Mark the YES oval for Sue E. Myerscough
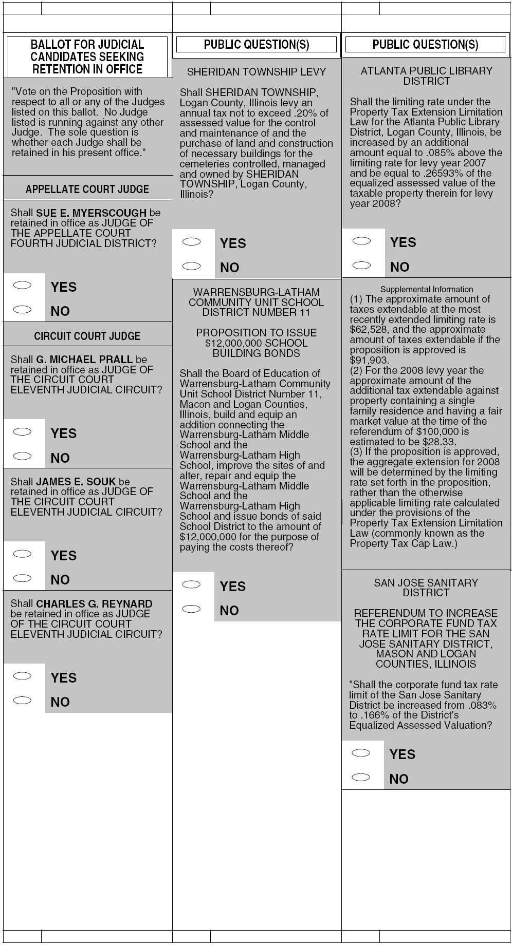click(x=22, y=286)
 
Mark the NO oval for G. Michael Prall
click(x=22, y=456)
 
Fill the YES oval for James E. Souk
click(x=22, y=554)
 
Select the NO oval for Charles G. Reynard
click(x=22, y=700)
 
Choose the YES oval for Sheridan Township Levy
click(x=191, y=242)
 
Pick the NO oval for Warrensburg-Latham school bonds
click(x=191, y=609)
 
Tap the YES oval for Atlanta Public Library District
click(x=361, y=241)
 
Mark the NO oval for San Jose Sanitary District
click(x=361, y=777)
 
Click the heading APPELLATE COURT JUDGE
click(x=87, y=189)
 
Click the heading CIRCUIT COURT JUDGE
click(x=87, y=336)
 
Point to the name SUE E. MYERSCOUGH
click(x=91, y=213)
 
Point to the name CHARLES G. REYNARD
click(x=94, y=604)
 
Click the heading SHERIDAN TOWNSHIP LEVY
click(x=257, y=72)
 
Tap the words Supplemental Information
click(x=427, y=289)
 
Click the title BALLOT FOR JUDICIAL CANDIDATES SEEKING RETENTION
click(x=87, y=56)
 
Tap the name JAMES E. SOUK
click(x=76, y=482)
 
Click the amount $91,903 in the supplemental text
click(x=369, y=360)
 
